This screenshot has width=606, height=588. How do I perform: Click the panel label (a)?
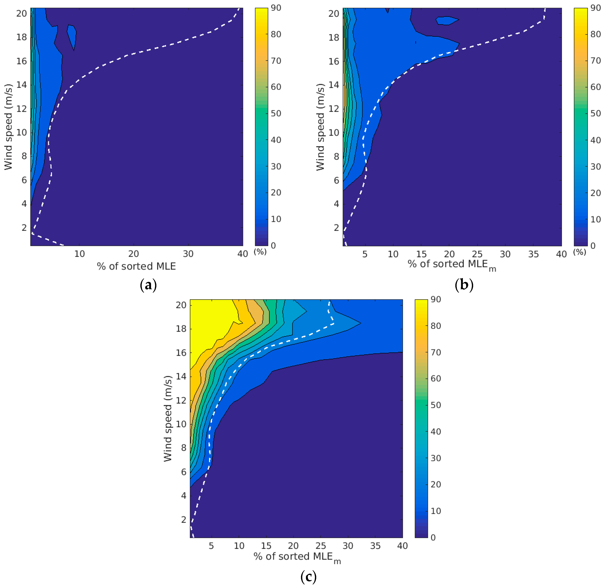point(148,285)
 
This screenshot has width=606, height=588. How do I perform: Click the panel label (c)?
point(308,577)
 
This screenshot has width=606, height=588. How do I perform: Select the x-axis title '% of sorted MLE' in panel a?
point(136,266)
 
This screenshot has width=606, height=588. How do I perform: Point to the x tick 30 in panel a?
point(188,254)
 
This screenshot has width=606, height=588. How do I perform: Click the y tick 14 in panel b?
point(334,85)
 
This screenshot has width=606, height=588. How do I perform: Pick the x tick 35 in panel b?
point(533,254)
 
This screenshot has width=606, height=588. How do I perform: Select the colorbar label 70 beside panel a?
point(276,61)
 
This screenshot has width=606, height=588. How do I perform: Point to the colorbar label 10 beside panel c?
point(436,511)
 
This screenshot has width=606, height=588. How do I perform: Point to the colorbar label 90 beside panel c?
point(436,299)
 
